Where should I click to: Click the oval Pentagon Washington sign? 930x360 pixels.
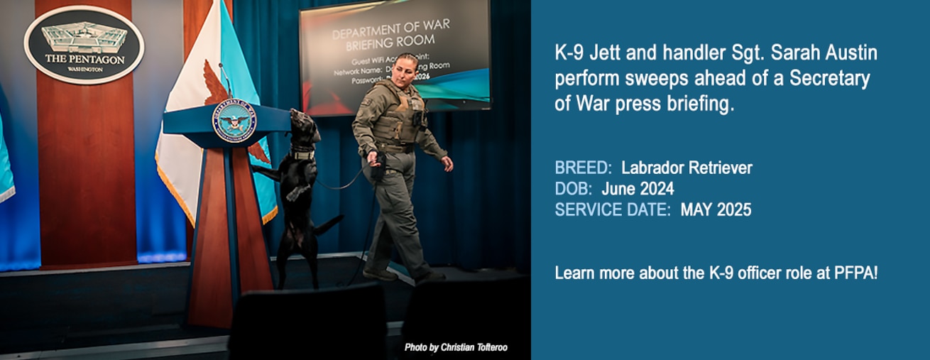pos(84,44)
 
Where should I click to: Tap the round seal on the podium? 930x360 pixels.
pos(234,121)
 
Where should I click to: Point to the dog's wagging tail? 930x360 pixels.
pos(329,226)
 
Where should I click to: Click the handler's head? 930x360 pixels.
pos(406,69)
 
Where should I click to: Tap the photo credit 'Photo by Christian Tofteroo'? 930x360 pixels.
pos(456,347)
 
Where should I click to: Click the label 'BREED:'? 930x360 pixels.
pos(583,168)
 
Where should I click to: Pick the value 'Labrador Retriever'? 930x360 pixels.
pos(686,168)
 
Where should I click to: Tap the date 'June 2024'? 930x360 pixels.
pos(638,189)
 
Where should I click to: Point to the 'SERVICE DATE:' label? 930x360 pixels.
pos(613,209)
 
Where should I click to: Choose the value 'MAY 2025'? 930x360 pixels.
pos(716,209)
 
